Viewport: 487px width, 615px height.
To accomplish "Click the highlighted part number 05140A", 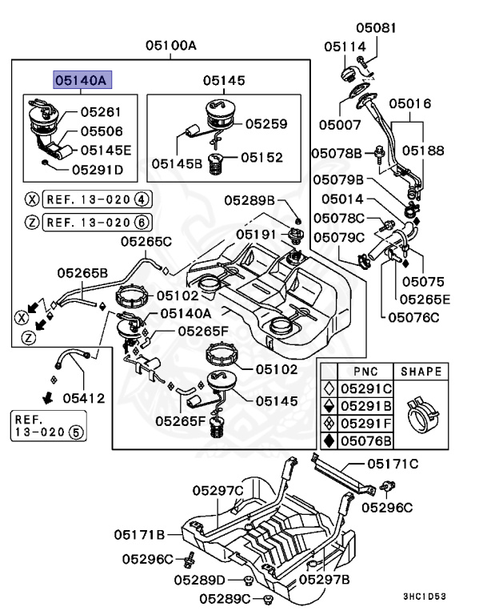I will pos(83,79).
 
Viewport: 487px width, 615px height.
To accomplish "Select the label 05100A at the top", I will pos(170,46).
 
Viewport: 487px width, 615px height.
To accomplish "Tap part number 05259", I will pos(266,124).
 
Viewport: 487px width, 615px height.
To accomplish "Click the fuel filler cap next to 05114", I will pos(350,74).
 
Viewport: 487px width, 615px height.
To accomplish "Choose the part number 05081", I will pos(373,28).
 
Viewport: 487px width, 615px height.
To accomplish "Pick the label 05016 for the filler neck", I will pos(410,103).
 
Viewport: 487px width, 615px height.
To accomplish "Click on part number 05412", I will pos(85,397).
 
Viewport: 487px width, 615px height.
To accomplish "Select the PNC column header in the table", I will pos(354,372).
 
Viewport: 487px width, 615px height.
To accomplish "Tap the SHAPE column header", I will pos(421,372).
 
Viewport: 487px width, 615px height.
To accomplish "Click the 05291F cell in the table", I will pos(364,423).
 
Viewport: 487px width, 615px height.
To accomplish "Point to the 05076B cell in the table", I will pos(364,440).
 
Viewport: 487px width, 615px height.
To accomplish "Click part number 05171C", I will pos(393,464).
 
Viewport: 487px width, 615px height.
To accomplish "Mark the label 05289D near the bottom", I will pos(199,579).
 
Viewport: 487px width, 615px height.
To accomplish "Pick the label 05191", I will pos(257,234).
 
